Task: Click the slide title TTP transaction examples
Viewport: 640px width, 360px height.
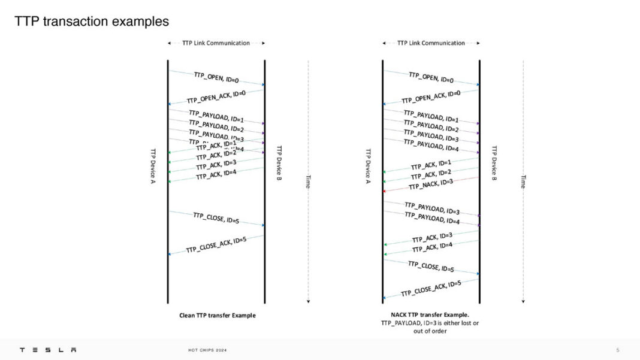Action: (92, 22)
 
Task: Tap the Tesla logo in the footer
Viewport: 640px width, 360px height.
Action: (48, 350)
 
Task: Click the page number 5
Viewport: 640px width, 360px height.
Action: (618, 350)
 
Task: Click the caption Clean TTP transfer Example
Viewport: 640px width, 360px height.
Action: (217, 315)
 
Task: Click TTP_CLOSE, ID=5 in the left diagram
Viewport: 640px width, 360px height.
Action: (216, 218)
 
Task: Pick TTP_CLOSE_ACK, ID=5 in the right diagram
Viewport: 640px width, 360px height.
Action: (431, 288)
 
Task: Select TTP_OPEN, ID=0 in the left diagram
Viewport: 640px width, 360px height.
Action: (216, 77)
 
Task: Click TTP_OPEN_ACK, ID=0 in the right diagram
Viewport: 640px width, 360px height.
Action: (431, 96)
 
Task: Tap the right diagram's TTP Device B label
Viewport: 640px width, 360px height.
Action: (494, 163)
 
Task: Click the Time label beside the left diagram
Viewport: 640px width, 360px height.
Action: (307, 181)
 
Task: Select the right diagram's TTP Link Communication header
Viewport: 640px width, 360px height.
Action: (431, 43)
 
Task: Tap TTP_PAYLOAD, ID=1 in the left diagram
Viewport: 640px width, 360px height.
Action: (216, 116)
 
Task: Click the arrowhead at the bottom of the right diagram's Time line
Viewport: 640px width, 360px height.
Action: (523, 301)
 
